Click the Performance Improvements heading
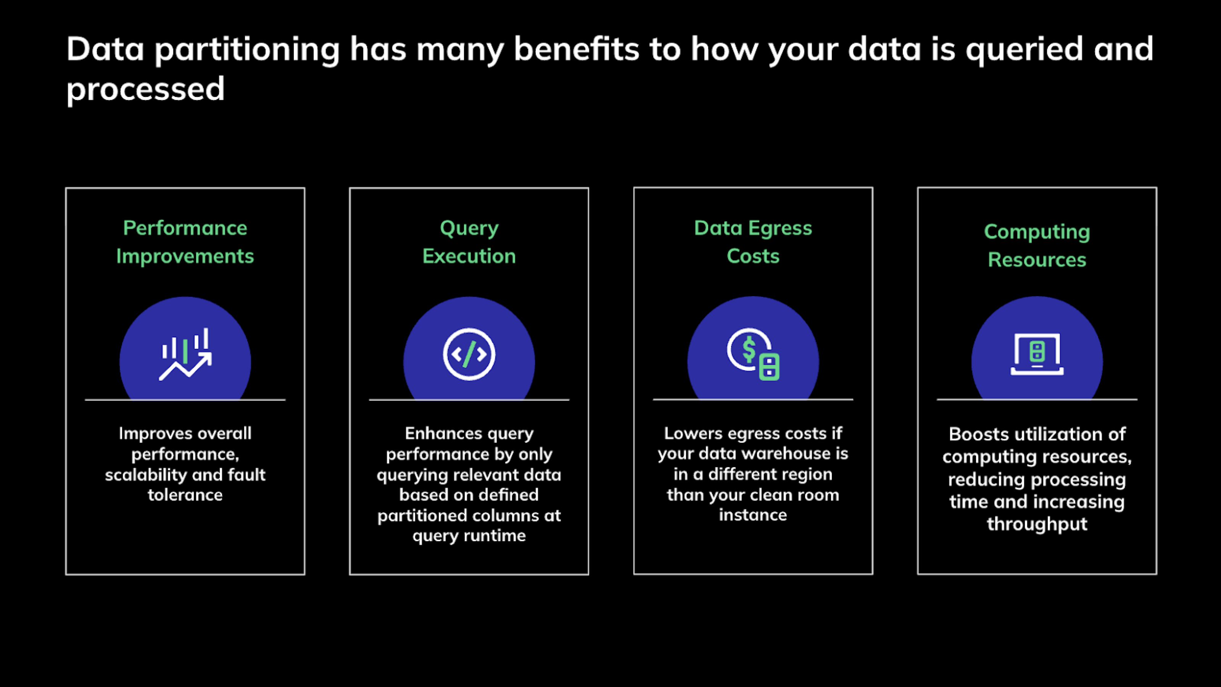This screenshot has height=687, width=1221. pos(185,242)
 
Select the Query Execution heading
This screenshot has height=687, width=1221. pos(469,242)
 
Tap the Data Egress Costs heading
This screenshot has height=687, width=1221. pos(753,242)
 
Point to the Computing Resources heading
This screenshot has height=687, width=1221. pos(1037,245)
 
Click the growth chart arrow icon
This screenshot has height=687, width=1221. pos(185,354)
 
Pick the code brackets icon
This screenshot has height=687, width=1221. pos(469,354)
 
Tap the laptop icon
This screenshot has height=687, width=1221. pos(1037,354)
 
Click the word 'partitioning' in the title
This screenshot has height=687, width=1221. pos(247,50)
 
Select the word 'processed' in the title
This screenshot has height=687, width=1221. pos(145,90)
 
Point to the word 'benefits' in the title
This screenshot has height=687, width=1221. pos(577,49)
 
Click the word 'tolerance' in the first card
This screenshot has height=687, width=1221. pos(185,495)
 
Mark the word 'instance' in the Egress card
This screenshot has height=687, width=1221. pos(753,515)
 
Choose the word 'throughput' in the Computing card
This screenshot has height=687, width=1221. pos(1037,524)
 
